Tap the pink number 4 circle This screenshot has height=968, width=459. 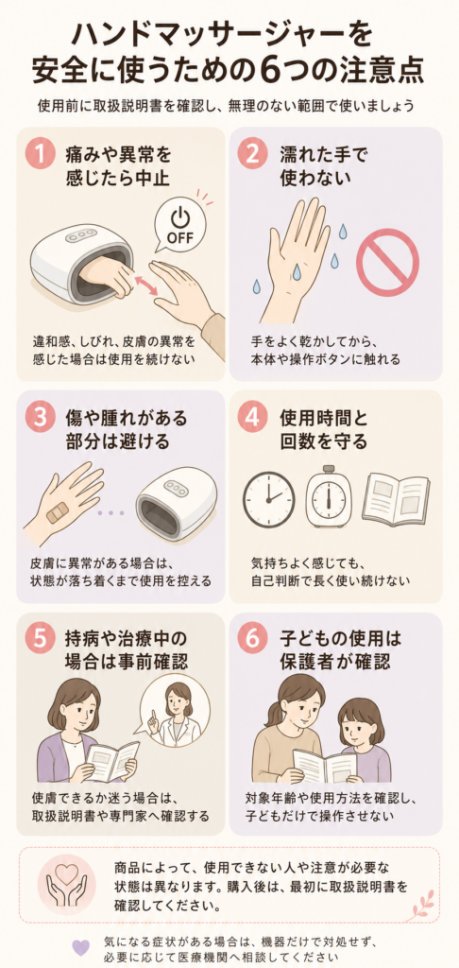click(253, 419)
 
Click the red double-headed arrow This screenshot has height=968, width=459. click(146, 285)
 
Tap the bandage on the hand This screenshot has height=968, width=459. click(58, 511)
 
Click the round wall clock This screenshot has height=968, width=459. click(269, 499)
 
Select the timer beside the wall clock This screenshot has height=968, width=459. click(329, 497)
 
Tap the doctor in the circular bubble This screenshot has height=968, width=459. click(175, 709)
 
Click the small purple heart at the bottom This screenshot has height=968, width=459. click(80, 947)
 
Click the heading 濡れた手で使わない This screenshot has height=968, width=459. click(315, 164)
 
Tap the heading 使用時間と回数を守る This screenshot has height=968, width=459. click(323, 430)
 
